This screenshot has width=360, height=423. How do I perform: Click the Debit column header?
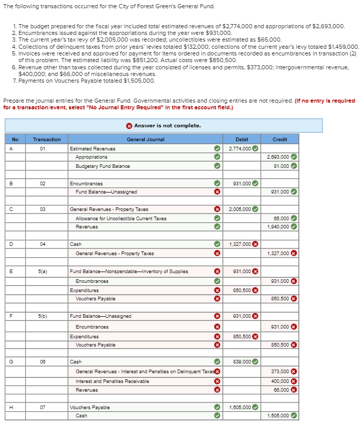[241, 139]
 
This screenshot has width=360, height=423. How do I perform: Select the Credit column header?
[279, 139]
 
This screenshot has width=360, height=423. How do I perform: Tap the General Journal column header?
[145, 139]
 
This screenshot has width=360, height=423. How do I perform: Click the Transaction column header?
[46, 139]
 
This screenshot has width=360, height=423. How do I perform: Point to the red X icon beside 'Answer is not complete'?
[129, 126]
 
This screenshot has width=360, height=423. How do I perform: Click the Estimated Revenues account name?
[92, 148]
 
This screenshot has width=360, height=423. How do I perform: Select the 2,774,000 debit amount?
[240, 148]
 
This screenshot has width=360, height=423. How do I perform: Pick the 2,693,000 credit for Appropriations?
[278, 157]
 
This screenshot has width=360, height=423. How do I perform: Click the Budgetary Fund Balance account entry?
[103, 166]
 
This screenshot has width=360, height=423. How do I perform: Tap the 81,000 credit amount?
[281, 166]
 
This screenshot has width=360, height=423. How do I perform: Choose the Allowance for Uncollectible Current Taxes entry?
[121, 218]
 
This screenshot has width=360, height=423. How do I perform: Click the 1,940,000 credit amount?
[278, 227]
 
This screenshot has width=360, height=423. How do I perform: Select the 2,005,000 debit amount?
[240, 209]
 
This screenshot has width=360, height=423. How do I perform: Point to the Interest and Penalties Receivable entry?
[112, 381]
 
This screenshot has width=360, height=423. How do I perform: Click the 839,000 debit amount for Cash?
[241, 362]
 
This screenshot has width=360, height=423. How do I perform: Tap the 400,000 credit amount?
[280, 381]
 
